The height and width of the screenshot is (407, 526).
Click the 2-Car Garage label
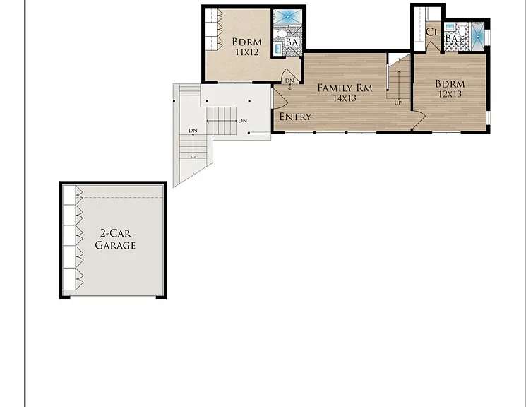click(115, 239)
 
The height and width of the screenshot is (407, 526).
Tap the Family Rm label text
click(345, 88)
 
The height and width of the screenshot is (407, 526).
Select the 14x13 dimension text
click(345, 98)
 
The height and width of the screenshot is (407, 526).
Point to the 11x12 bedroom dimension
click(246, 52)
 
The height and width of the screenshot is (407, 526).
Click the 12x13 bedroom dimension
click(450, 94)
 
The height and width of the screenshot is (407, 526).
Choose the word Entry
click(296, 117)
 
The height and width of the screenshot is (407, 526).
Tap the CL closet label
click(432, 32)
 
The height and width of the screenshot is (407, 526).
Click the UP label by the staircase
click(398, 102)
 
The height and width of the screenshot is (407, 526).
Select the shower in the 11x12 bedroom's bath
click(288, 16)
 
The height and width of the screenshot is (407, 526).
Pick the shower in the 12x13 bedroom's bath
click(477, 36)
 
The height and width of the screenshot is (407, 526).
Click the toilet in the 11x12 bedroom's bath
click(280, 34)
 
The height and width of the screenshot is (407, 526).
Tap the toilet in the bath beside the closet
click(462, 30)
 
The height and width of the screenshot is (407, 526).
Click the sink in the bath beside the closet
click(450, 27)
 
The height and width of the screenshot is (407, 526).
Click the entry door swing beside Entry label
click(280, 98)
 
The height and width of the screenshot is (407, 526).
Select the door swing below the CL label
click(434, 47)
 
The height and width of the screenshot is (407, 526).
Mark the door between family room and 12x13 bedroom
click(419, 120)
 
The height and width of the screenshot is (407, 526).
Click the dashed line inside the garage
click(123, 197)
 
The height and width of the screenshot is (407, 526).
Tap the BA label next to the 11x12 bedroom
click(292, 42)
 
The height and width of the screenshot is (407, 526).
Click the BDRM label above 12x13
click(450, 83)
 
